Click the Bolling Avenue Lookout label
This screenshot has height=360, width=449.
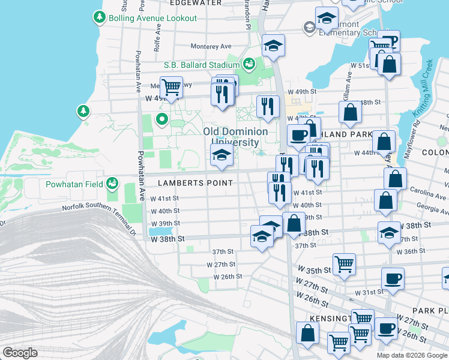[152, 18]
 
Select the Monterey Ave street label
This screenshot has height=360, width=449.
[211, 46]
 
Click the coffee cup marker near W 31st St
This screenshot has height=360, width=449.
[393, 278]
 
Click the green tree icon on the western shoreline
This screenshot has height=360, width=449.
[83, 112]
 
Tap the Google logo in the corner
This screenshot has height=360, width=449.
[20, 353]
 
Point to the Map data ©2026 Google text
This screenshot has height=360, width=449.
[412, 355]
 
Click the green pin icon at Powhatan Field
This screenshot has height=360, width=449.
[112, 182]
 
